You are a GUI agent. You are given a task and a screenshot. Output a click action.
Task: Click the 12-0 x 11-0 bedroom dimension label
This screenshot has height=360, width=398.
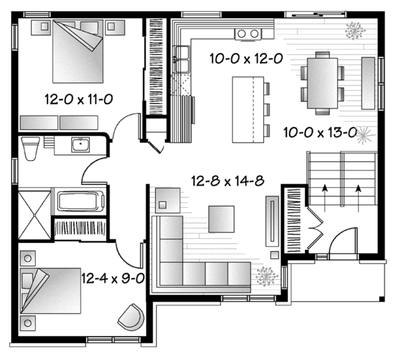79,100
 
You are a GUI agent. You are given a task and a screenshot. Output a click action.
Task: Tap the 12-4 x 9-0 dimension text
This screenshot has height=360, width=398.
113,278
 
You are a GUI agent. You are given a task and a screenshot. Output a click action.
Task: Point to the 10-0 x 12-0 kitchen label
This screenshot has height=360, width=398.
246,59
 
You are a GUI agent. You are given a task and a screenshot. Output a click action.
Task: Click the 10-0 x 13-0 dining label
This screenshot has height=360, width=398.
320,133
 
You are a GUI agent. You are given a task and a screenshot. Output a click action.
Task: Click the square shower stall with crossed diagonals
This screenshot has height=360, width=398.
34,215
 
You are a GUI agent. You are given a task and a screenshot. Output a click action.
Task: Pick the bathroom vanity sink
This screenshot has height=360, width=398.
80,145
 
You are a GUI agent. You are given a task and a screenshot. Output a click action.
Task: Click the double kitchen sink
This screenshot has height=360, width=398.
182,59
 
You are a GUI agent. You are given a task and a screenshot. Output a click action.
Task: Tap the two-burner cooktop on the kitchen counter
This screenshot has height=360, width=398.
248,34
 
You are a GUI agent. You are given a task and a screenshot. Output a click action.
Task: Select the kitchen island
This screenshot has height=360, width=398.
248,110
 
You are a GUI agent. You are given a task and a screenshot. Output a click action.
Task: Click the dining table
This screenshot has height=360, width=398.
322,83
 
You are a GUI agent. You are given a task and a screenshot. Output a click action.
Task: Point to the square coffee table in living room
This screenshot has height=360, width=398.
221,219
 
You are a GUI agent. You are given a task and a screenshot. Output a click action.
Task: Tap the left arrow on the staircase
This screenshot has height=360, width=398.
325,193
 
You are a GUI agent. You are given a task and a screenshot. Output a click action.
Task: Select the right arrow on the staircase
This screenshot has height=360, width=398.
358,193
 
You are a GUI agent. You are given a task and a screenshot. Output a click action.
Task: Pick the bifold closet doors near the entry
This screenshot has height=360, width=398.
314,229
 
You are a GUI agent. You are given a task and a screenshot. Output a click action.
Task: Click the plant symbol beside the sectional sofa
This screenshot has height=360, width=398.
267,276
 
